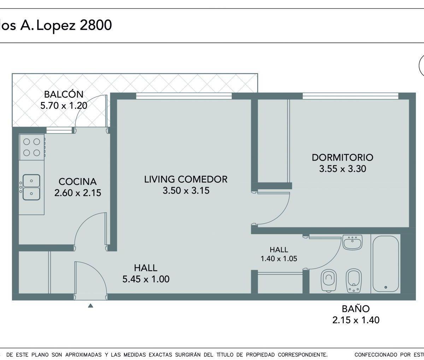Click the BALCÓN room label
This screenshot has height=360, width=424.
(64, 94)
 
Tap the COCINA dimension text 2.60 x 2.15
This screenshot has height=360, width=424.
(78, 193)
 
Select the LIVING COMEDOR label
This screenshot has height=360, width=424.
(186, 179)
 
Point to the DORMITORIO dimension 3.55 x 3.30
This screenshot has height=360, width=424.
(343, 169)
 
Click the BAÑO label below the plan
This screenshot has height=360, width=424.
(356, 309)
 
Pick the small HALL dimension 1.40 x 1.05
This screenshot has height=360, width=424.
(279, 259)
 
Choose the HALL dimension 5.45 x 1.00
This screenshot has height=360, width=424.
(146, 279)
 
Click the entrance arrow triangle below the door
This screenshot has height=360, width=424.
(90, 306)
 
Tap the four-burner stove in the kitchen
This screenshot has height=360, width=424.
(32, 147)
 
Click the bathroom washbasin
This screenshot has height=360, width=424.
(352, 242)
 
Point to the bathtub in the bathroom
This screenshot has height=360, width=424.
(385, 264)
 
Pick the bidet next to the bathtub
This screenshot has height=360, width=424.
(354, 280)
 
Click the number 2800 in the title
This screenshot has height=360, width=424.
(96, 25)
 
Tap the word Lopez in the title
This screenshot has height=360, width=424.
(56, 26)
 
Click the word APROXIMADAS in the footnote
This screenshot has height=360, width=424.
(83, 355)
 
